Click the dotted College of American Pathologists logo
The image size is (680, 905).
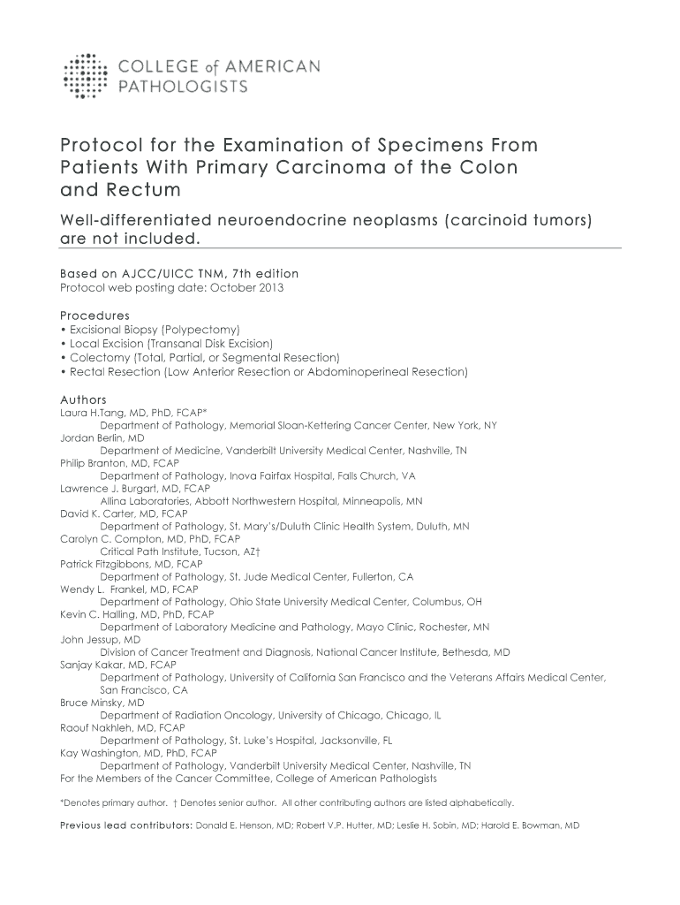[85, 76]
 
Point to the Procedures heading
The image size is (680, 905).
[94, 315]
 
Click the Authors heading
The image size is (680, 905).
[83, 399]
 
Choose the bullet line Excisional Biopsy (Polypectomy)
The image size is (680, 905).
[148, 329]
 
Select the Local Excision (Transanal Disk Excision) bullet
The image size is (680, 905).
[169, 343]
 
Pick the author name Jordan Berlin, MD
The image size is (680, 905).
[102, 437]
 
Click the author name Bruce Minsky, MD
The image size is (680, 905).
[102, 703]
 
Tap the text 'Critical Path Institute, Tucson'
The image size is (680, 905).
[169, 551]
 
